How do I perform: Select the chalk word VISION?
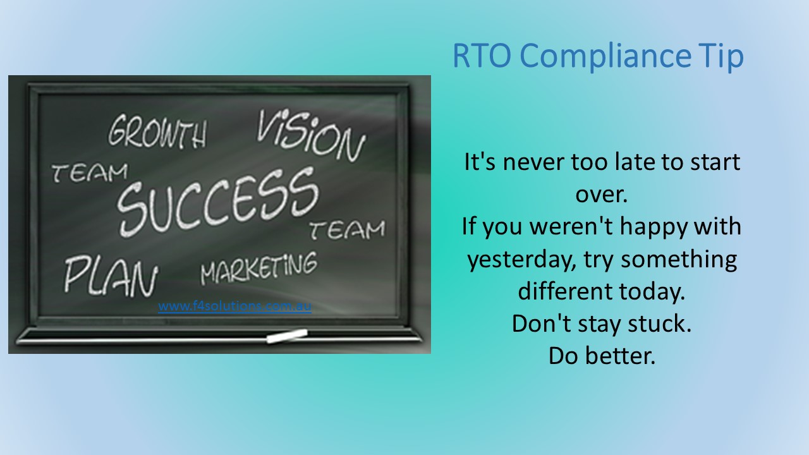point(310,135)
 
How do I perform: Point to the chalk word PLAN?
point(110,276)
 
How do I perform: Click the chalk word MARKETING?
point(259,268)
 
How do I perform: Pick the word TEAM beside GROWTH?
point(89,171)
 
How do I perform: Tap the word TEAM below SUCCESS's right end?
point(347,230)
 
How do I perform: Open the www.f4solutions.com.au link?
point(234,307)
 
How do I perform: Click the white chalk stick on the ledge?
point(286,336)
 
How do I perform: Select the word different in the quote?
point(565,292)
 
